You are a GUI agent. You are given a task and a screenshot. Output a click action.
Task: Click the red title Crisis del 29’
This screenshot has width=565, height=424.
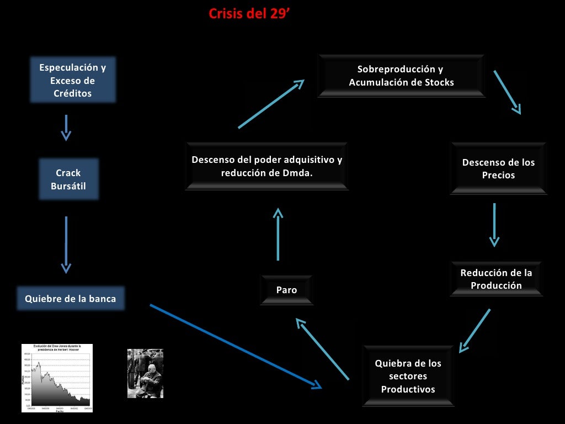tap(249, 14)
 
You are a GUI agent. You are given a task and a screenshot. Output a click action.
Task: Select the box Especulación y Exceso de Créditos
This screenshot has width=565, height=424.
tap(73, 80)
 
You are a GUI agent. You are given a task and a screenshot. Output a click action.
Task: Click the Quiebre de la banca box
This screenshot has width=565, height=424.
tap(71, 299)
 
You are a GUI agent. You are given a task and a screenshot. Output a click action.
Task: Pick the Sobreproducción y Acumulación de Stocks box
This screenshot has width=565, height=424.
tap(401, 76)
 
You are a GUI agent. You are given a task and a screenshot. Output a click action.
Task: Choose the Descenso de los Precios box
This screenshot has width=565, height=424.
tap(498, 169)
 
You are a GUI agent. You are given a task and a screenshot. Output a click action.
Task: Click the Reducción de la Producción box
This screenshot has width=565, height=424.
tap(496, 279)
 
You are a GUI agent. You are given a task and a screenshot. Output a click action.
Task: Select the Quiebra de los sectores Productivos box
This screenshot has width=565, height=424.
tap(408, 376)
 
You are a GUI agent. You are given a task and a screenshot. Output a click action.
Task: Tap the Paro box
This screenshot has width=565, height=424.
tap(286, 290)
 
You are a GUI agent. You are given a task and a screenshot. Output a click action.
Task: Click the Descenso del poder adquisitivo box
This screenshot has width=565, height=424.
tap(266, 166)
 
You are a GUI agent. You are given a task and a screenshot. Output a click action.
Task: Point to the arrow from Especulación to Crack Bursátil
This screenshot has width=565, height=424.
tap(66, 128)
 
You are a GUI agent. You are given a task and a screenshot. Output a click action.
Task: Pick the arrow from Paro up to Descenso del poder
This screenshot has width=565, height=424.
tap(278, 234)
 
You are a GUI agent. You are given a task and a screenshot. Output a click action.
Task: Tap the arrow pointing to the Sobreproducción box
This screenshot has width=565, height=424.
tap(271, 104)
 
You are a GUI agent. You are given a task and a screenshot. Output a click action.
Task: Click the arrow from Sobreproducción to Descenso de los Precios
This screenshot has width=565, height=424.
tap(507, 92)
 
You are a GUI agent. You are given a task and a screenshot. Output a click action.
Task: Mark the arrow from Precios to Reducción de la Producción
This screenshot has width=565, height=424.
tap(494, 224)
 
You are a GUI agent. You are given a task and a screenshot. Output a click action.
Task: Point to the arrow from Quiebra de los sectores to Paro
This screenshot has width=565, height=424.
tap(323, 349)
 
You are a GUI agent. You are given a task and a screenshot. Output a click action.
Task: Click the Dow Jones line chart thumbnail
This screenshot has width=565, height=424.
tap(57, 378)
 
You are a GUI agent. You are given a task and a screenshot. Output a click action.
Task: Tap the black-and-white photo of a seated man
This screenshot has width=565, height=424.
tap(145, 373)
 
